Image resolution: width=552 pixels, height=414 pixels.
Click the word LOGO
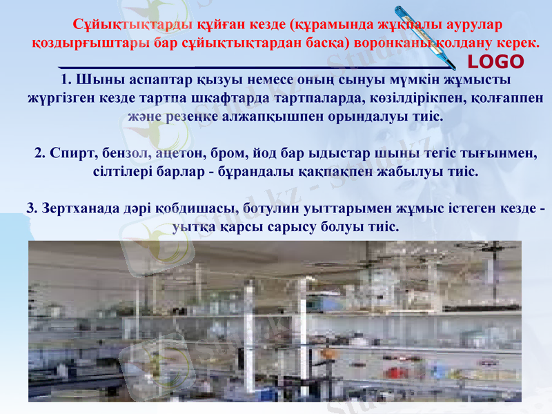pos(496,61)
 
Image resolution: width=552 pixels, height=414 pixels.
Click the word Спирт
pos(72,152)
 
